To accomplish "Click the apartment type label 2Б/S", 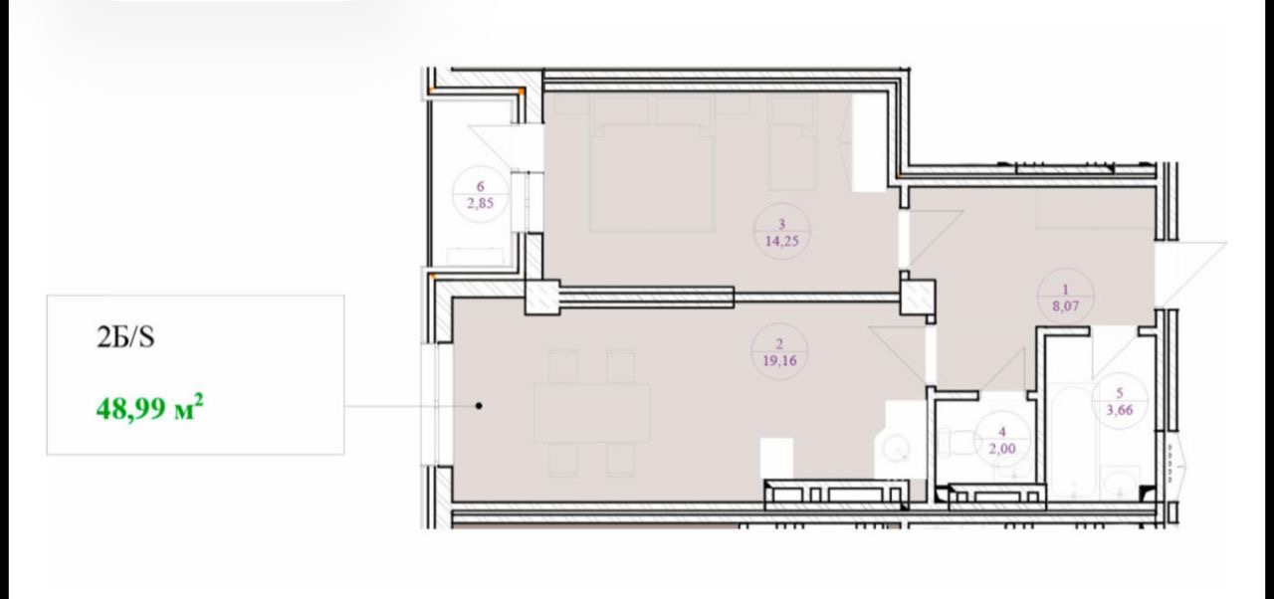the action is coord(125,337).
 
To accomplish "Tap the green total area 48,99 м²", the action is coord(149,407).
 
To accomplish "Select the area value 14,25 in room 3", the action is coord(781,241).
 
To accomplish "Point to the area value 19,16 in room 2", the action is coord(779,360).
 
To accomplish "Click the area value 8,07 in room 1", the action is coord(1065,306).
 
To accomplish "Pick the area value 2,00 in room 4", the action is coord(1001,449).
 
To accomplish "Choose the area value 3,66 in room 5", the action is coord(1120,409).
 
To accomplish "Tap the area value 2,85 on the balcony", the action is coord(480,203).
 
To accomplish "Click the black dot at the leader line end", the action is coord(479,406).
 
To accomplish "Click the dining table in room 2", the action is coord(591,413).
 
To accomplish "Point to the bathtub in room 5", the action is coord(1069,442).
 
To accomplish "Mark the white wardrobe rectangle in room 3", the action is coord(870,143).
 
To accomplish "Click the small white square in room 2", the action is coord(777,458).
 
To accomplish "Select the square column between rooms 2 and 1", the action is coord(918,297).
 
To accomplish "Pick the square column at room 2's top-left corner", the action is coord(542,297).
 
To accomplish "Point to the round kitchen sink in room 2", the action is coord(897,450).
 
